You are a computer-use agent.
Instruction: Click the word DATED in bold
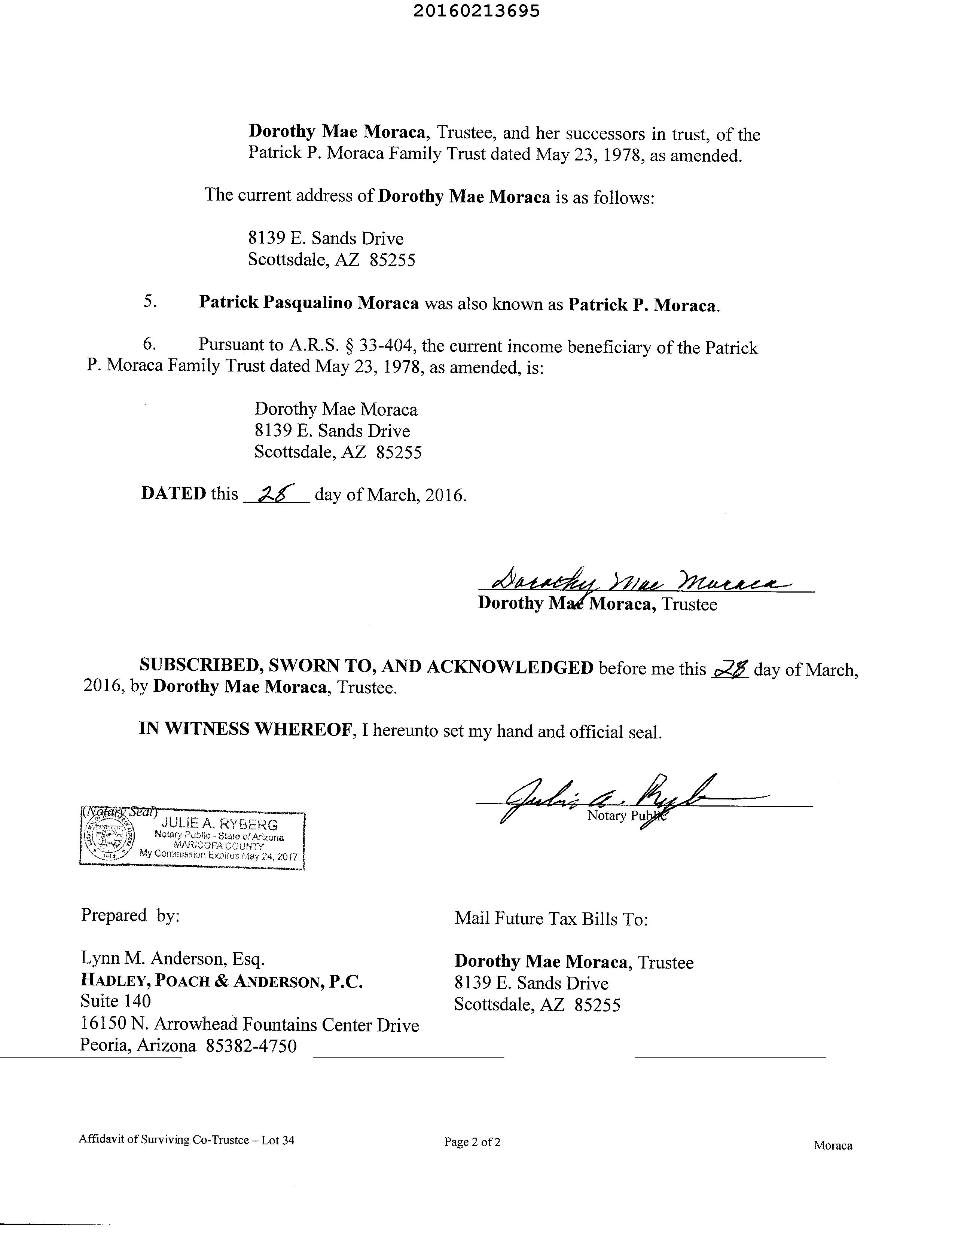tap(173, 493)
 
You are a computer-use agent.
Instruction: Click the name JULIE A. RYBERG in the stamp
tap(220, 824)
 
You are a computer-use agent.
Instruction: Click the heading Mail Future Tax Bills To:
tap(550, 918)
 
